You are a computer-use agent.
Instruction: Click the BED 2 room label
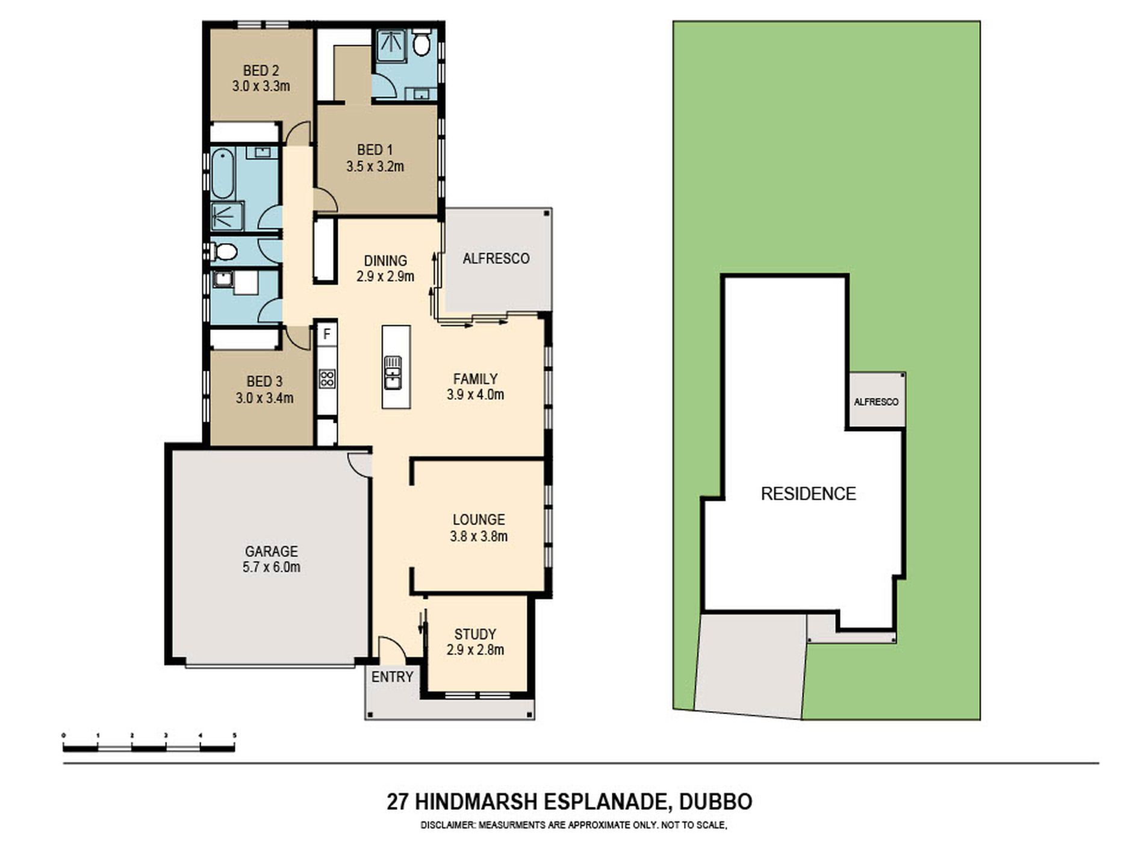[261, 70]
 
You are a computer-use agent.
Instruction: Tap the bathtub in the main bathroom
[222, 174]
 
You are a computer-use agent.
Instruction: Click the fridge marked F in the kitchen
[327, 333]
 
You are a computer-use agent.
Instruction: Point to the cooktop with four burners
[327, 378]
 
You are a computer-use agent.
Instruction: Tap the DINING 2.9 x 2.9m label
[385, 269]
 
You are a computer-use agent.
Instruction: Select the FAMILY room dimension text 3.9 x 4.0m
[475, 395]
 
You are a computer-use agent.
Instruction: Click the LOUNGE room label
[479, 519]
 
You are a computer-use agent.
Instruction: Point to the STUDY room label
[475, 634]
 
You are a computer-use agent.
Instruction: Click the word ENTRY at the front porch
[392, 677]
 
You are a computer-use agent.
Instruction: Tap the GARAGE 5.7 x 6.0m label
[271, 559]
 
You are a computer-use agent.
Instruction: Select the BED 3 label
[264, 381]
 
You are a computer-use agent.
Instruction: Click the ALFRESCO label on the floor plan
[496, 258]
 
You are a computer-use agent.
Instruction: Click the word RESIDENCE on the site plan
[808, 494]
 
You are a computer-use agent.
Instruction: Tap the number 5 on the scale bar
[235, 735]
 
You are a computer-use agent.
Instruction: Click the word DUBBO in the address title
[716, 802]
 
